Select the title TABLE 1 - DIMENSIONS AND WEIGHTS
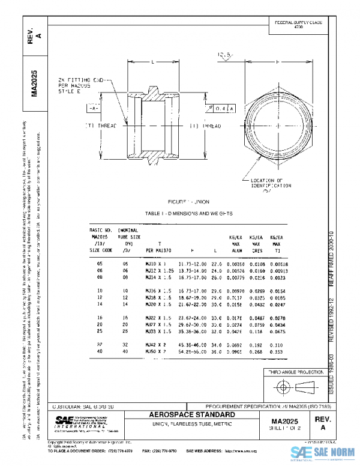point(189,213)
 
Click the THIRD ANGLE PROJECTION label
point(298,372)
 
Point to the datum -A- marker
point(94,109)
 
